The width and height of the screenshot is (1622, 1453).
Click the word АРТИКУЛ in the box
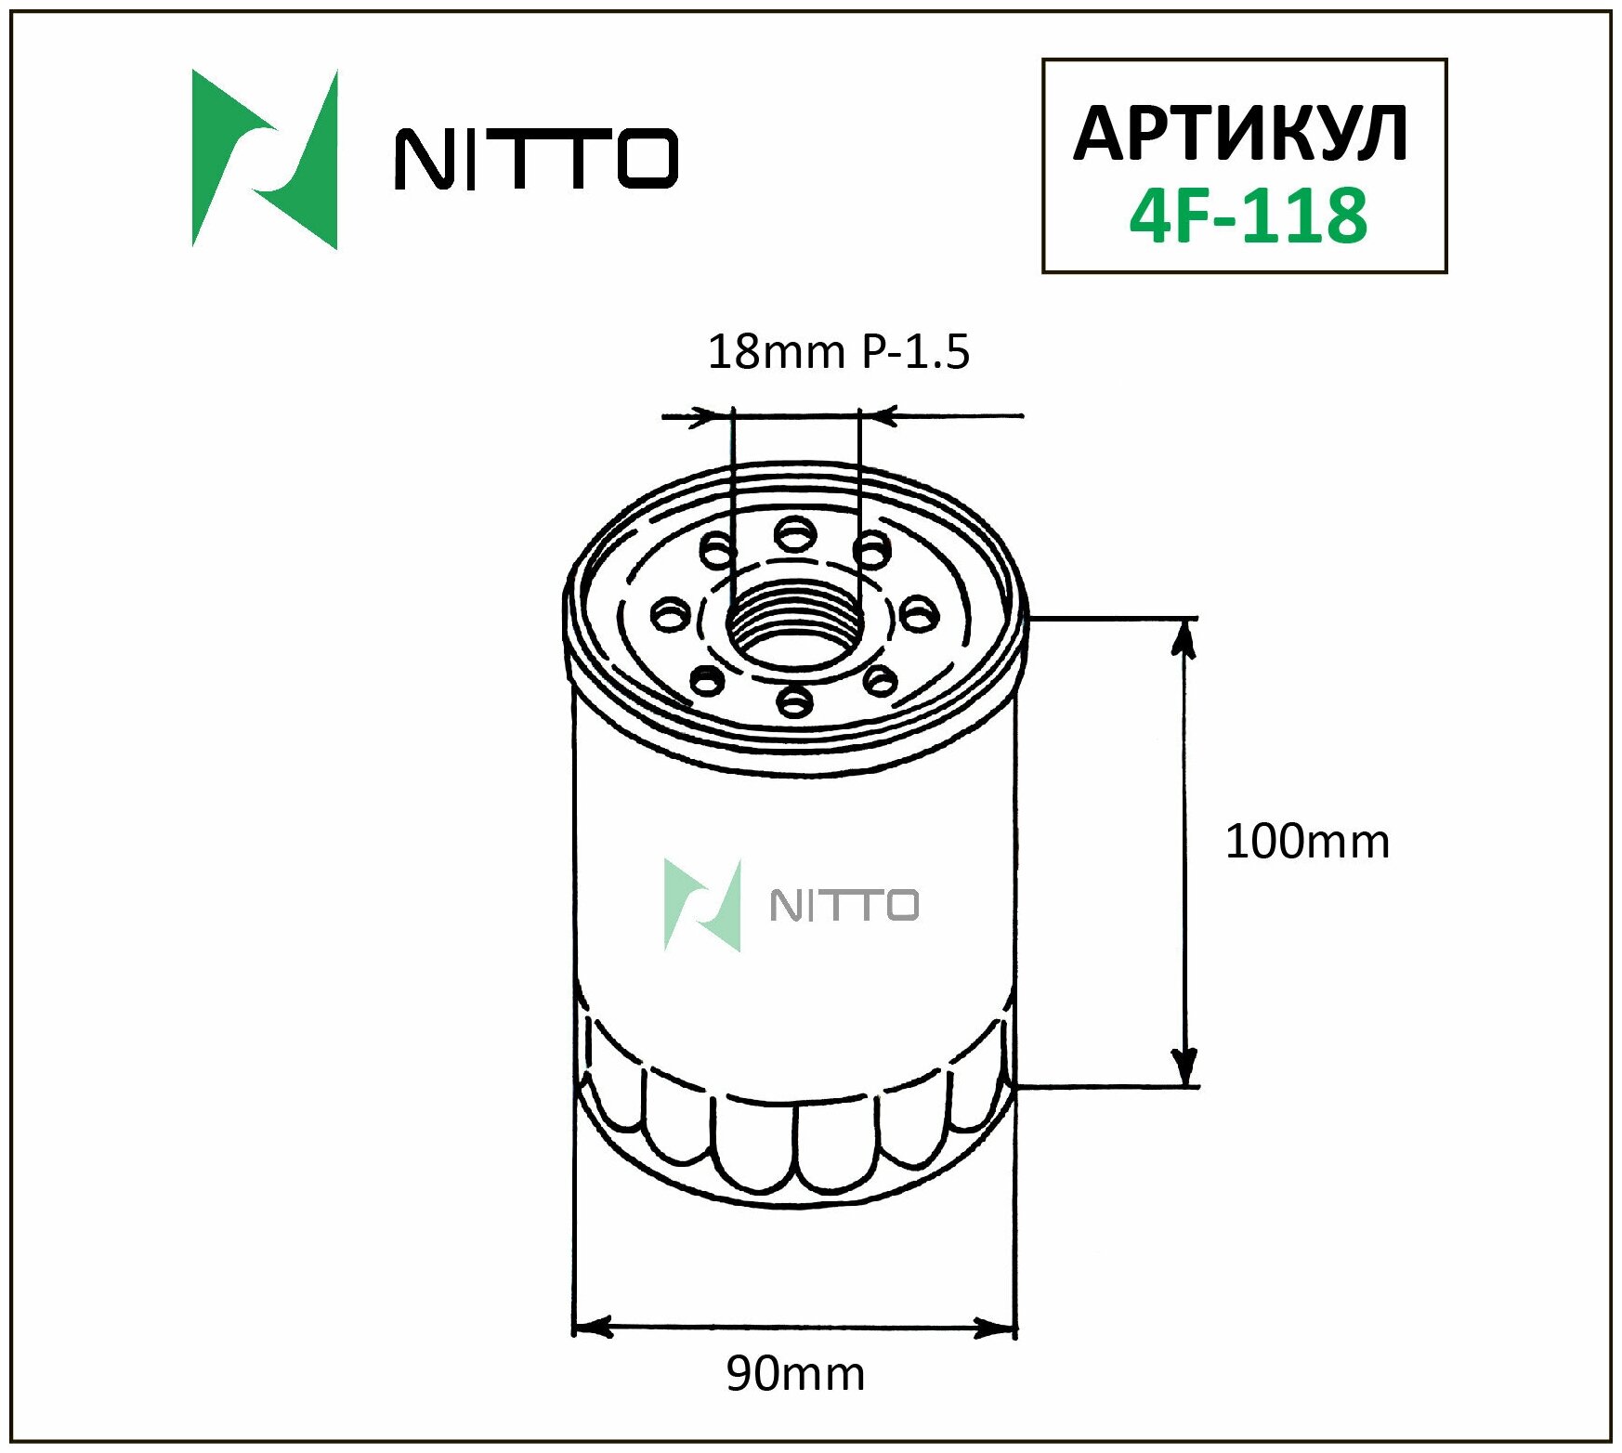(x=1241, y=134)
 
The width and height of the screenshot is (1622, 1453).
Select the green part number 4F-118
(x=1248, y=216)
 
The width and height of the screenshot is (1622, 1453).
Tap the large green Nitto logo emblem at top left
(x=264, y=160)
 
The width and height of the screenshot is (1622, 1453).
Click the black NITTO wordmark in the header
(x=537, y=160)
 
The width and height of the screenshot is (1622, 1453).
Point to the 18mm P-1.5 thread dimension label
(x=838, y=352)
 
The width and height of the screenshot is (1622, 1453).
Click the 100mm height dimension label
(x=1306, y=843)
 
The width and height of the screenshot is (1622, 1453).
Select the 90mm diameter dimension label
(x=795, y=1373)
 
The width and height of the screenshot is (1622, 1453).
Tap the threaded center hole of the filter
(x=795, y=625)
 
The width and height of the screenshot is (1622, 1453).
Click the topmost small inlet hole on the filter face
(x=796, y=534)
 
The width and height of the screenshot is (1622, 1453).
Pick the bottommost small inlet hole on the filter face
(x=794, y=701)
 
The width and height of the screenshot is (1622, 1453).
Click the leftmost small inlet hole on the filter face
(x=669, y=615)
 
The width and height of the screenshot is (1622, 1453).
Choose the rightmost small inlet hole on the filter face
(x=920, y=614)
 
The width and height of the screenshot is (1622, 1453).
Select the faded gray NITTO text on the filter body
(x=844, y=906)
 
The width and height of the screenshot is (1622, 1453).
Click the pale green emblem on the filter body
(x=703, y=906)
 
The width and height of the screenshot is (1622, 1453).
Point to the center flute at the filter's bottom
(x=796, y=1152)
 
